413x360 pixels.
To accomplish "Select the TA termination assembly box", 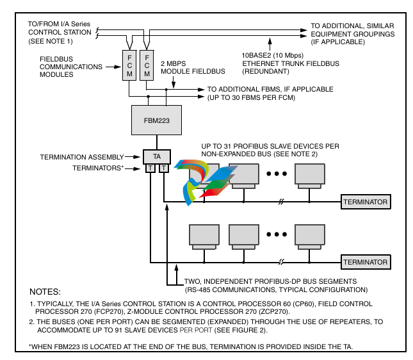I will [156, 156].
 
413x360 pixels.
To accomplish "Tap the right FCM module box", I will [147, 65].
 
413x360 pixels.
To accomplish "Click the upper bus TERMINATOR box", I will [365, 202].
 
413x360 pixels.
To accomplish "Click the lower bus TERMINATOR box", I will [365, 262].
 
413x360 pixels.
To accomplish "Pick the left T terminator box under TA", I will [149, 168].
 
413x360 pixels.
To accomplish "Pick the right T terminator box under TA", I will [163, 168].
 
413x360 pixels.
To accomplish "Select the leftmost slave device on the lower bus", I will [204, 236].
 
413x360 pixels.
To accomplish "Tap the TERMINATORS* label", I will [99, 168].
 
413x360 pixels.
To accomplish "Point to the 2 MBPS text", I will [173, 63].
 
